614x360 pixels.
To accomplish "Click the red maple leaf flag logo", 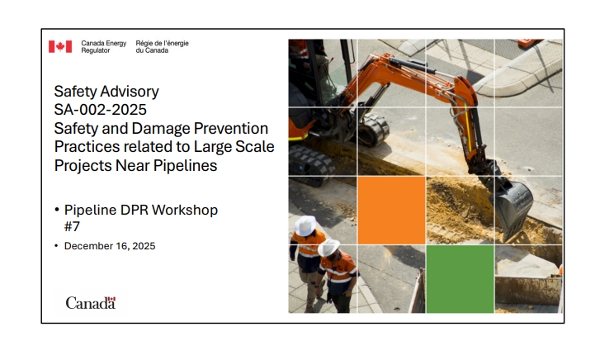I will coord(59,46).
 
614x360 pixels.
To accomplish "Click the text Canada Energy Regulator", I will coord(103,46).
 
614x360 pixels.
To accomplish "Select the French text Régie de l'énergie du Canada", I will coord(162,46).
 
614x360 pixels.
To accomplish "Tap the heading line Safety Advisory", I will coord(106,92).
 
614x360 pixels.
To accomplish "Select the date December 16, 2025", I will coord(110,246).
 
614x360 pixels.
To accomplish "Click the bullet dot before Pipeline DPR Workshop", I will coord(57,211).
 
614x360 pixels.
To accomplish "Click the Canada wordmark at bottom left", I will coord(91,303).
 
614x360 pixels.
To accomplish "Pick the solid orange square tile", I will coord(391,211).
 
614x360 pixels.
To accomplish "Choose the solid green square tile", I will coord(460,279).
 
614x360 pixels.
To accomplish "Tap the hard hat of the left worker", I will coord(305,225).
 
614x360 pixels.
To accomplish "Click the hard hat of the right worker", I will coord(329,247).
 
